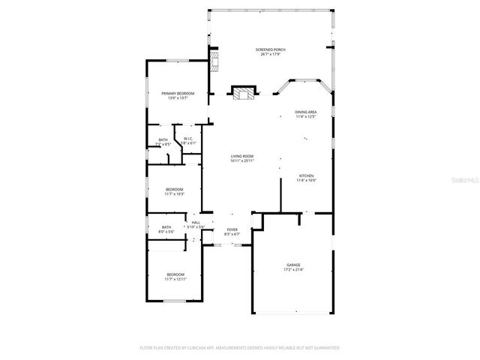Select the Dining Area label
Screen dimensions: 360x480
305,112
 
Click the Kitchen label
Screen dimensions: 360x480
305,175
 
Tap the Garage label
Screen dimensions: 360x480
292,265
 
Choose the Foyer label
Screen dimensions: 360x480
232,229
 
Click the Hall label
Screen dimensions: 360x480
196,223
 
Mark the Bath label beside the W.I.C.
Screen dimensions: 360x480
163,139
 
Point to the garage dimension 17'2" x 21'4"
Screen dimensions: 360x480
292,270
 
